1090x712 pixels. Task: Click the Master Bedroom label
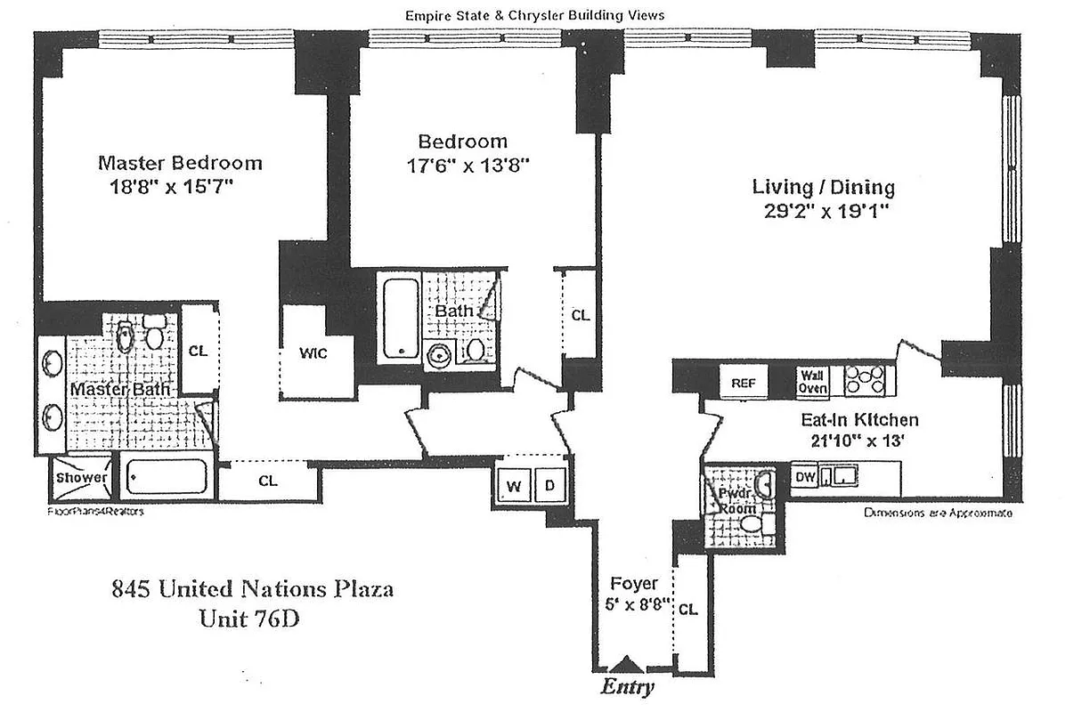180,163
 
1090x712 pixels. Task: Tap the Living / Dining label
823,188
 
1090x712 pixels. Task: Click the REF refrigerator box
744,383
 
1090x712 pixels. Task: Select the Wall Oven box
813,382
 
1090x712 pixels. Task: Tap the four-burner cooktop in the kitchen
865,380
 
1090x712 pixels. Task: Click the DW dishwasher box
805,478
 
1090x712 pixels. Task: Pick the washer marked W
514,486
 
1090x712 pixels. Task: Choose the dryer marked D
549,486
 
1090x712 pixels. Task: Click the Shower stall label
82,478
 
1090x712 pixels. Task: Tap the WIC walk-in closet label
313,353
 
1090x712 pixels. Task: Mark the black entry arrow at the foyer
628,664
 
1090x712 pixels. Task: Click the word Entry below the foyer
627,687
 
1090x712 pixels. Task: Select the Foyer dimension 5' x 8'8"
634,602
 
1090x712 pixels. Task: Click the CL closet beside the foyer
688,610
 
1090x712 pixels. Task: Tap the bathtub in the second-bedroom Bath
398,319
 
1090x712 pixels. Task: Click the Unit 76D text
249,618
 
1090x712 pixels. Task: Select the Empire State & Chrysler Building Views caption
548,15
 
